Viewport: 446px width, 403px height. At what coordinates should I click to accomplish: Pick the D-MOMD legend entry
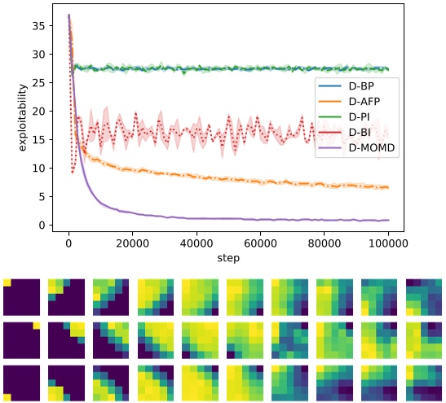tap(362, 149)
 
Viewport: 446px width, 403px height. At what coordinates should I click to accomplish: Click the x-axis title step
tap(228, 258)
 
